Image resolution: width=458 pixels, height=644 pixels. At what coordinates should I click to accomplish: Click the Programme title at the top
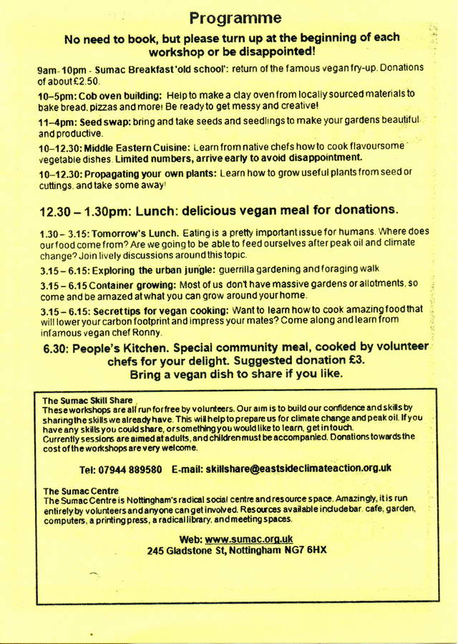235,17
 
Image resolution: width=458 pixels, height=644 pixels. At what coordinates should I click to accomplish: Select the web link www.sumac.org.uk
248,539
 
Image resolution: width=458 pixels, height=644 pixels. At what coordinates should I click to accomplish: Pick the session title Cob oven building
115,94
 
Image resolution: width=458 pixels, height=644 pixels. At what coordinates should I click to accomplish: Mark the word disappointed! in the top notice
272,52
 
